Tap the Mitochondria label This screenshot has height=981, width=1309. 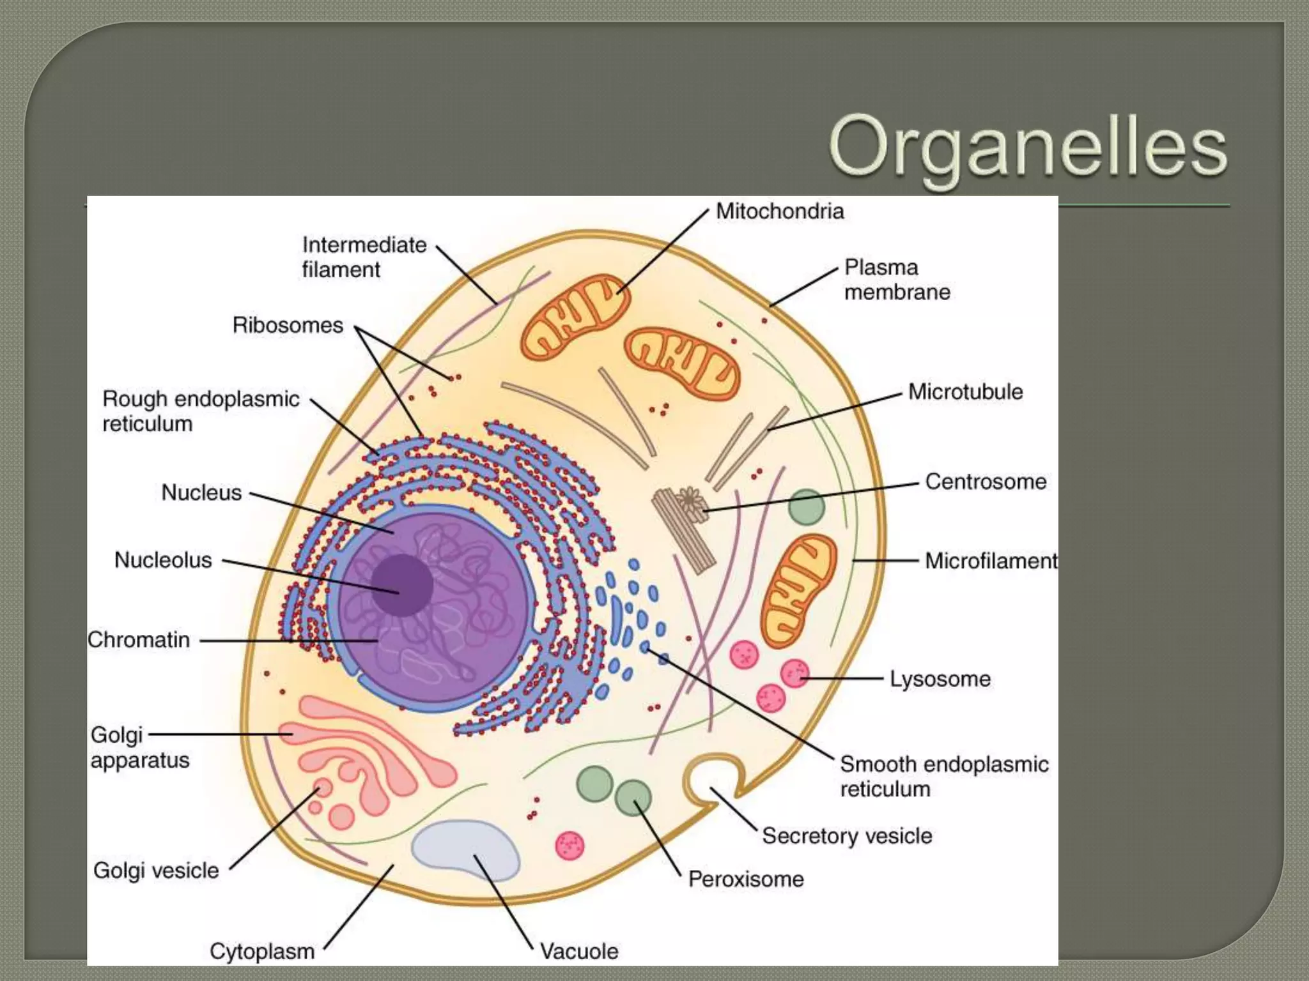coord(779,211)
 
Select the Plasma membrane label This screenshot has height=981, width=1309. coord(896,280)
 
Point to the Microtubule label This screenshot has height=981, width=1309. coord(965,392)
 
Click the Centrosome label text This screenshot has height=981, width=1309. coord(985,482)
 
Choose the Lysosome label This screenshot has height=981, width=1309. coord(940,679)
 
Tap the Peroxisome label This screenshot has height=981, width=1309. coord(745,879)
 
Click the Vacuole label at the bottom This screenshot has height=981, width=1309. coord(578,951)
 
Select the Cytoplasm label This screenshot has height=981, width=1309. coord(262,951)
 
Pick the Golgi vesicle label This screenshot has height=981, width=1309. coord(156,871)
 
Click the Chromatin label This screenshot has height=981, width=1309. coord(139,640)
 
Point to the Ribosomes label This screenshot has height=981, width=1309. coord(288,325)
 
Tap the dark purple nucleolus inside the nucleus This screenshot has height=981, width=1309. coord(402,584)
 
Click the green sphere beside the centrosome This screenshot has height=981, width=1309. coord(806,507)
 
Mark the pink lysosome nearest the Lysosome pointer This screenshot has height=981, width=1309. coord(794,673)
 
